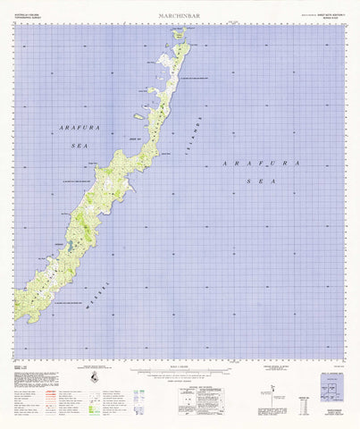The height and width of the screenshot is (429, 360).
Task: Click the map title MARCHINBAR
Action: [x=179, y=13]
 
